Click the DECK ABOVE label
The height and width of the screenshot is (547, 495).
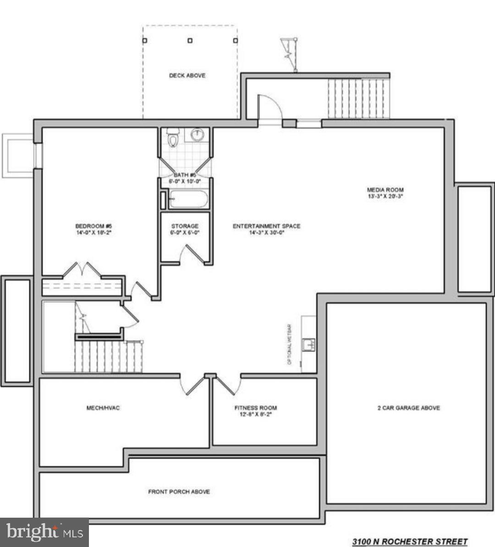point(187,76)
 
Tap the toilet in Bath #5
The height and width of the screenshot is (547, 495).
point(173,137)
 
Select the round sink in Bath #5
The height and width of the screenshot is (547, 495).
point(197,135)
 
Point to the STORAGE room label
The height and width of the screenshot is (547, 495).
point(185,226)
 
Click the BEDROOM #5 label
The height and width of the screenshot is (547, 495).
point(93,226)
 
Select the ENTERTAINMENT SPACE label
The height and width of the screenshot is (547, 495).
point(266,226)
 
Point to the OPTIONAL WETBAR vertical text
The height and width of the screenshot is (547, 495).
point(289,344)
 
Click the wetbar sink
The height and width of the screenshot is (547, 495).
point(308,344)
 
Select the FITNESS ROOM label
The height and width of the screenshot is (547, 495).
point(255,408)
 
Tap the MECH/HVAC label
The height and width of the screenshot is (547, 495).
point(103,408)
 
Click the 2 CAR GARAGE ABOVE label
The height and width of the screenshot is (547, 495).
point(408,408)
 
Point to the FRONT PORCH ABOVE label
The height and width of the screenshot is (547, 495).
point(179,492)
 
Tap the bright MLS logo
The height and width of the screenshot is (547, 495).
point(44,532)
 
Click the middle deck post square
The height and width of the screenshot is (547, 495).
point(190,40)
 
